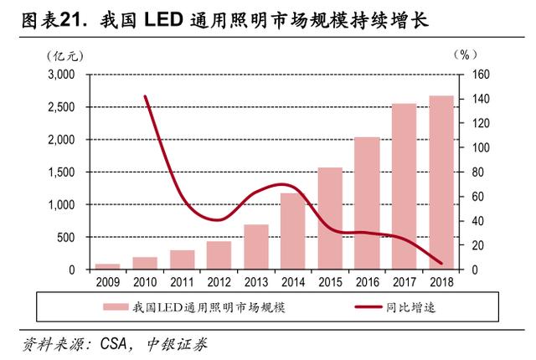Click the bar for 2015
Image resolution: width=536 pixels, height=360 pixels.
(330, 219)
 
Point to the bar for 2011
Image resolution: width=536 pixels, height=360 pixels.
(182, 260)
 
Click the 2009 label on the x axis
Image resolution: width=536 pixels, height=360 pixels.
(108, 282)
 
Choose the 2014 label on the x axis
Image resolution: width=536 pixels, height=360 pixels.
(293, 282)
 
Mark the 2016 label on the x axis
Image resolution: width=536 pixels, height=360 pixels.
(367, 282)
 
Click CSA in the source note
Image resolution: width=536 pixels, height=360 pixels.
(116, 343)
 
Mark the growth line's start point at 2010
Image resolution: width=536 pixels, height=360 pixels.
(146, 96)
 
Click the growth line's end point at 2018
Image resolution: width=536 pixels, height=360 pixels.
(441, 263)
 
